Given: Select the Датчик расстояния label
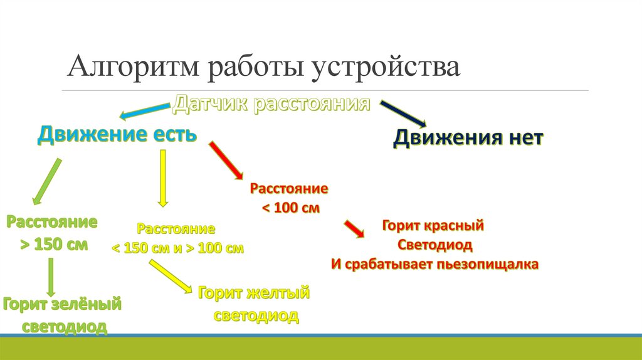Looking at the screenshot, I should (x=271, y=103).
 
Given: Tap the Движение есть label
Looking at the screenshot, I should (x=118, y=134).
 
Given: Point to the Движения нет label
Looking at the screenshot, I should (x=468, y=138).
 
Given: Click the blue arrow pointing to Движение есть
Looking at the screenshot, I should (x=145, y=111).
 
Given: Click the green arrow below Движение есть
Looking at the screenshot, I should (x=46, y=181).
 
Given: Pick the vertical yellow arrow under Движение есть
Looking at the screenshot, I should (x=163, y=177).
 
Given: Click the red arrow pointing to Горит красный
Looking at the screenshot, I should (x=354, y=228).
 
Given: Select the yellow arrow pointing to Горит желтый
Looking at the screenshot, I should (x=171, y=277).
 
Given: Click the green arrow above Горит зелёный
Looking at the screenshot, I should (x=51, y=277).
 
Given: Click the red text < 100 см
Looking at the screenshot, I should (x=289, y=208).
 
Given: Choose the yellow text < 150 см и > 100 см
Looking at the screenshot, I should (x=177, y=248).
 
